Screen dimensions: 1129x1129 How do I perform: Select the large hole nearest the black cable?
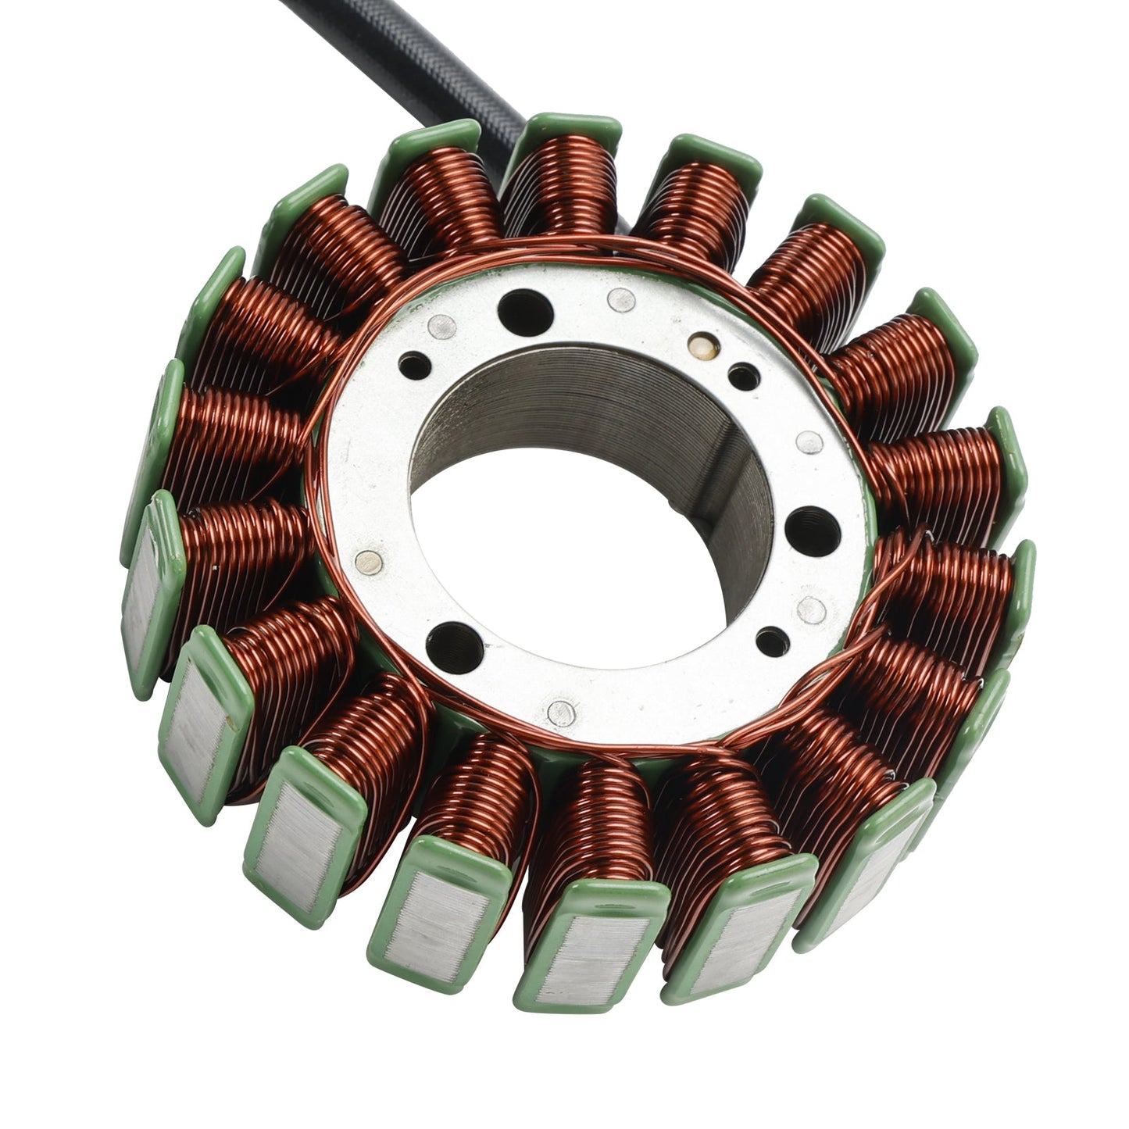point(525,310)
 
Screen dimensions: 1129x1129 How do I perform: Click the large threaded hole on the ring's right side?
point(813,529)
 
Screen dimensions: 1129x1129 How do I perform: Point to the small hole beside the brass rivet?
point(743,377)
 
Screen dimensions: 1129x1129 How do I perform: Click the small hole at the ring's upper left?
point(414,365)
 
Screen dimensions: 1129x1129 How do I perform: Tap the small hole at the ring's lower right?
point(770,641)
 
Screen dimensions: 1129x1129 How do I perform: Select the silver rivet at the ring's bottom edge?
point(561,711)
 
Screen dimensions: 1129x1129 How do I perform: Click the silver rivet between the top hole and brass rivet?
point(621,298)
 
